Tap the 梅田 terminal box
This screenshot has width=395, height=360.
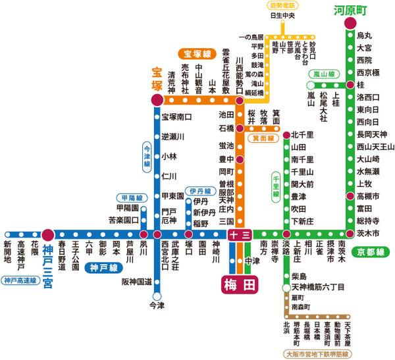239,284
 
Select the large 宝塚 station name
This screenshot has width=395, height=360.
156,79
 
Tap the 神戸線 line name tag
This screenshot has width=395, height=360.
103,268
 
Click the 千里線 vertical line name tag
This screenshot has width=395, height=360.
276,186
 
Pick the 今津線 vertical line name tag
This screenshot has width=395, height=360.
147,158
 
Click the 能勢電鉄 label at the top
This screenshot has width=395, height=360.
283,5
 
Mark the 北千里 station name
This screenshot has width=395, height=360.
302,135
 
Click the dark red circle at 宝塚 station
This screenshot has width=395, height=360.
157,101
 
